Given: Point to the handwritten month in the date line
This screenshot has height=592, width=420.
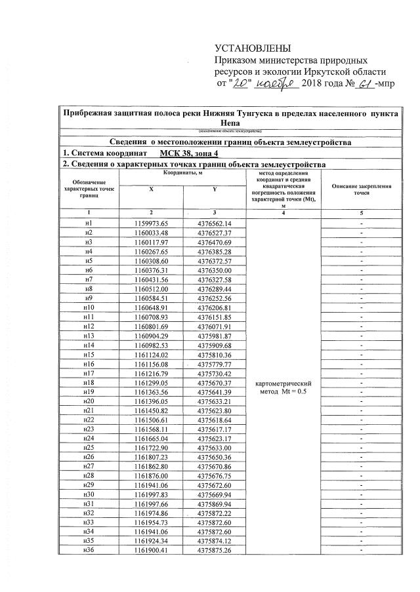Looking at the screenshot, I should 278,84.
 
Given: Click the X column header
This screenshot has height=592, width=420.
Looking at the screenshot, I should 152,188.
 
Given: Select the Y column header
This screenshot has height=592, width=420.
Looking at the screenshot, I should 215,188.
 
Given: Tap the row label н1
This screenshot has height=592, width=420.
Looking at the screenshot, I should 89,224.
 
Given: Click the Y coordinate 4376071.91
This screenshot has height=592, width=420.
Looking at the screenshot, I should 215,325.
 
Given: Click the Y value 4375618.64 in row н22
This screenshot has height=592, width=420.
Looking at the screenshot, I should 215,418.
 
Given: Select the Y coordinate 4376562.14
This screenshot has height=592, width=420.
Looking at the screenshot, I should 215,224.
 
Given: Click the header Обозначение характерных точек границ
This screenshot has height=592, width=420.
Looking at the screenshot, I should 89,189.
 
